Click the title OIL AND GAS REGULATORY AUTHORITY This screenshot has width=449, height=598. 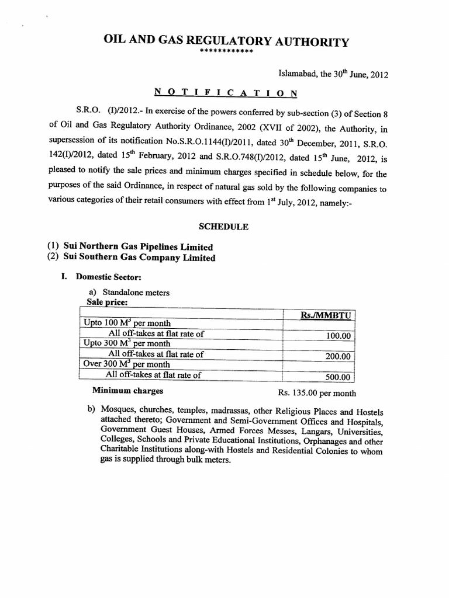tap(226, 41)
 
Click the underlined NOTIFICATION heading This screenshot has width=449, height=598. tap(226, 93)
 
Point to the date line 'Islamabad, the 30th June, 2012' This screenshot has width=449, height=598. tap(333, 75)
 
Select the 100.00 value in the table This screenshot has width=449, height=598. tap(339, 336)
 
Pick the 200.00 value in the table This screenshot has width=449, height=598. tap(339, 356)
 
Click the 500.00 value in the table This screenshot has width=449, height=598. tap(338, 377)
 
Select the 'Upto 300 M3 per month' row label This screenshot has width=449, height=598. tap(127, 344)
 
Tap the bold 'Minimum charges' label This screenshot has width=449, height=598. tap(127, 391)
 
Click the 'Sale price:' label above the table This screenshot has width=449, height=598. tap(106, 302)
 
